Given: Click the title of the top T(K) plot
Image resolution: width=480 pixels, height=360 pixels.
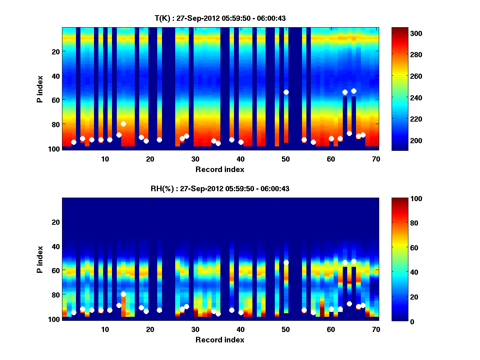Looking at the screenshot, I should pyautogui.click(x=220, y=18).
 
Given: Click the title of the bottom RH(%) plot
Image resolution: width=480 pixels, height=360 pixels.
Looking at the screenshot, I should pyautogui.click(x=220, y=189).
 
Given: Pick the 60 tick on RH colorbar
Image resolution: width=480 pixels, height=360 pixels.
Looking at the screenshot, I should pyautogui.click(x=400, y=248).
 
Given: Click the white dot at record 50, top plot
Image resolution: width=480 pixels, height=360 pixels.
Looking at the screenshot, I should pyautogui.click(x=286, y=92).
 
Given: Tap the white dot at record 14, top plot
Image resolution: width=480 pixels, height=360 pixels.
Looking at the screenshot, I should pyautogui.click(x=123, y=124).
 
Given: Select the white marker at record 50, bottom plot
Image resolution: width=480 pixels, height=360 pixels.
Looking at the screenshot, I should pyautogui.click(x=286, y=262).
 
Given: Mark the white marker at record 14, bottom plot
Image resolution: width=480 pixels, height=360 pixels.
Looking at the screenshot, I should pyautogui.click(x=123, y=294).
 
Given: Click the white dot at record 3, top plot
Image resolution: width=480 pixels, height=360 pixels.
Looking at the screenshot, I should pyautogui.click(x=74, y=142).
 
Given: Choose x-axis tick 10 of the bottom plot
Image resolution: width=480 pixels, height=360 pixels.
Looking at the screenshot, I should pyautogui.click(x=105, y=329).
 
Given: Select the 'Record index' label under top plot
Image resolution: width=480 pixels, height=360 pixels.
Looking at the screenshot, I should pyautogui.click(x=220, y=169).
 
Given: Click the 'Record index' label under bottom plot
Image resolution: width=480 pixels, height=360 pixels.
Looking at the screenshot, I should pyautogui.click(x=220, y=340).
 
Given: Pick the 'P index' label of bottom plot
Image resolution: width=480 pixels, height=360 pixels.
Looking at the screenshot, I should pyautogui.click(x=40, y=259).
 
